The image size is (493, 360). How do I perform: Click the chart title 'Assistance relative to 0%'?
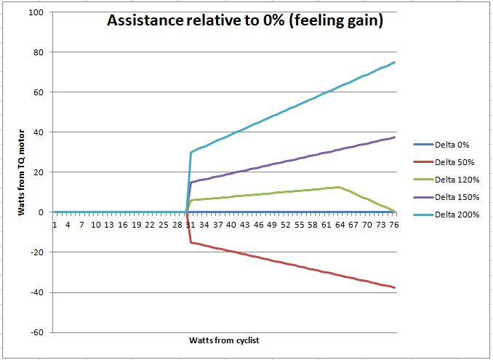(x=245, y=21)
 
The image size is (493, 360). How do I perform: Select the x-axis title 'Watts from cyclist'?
(x=224, y=340)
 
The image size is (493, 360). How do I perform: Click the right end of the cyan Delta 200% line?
(x=395, y=63)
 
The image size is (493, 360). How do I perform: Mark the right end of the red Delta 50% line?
(x=395, y=288)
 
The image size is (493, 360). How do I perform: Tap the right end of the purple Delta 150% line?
(x=395, y=137)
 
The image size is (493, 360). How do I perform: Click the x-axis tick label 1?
(x=55, y=226)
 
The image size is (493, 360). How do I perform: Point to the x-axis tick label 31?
(x=191, y=226)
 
